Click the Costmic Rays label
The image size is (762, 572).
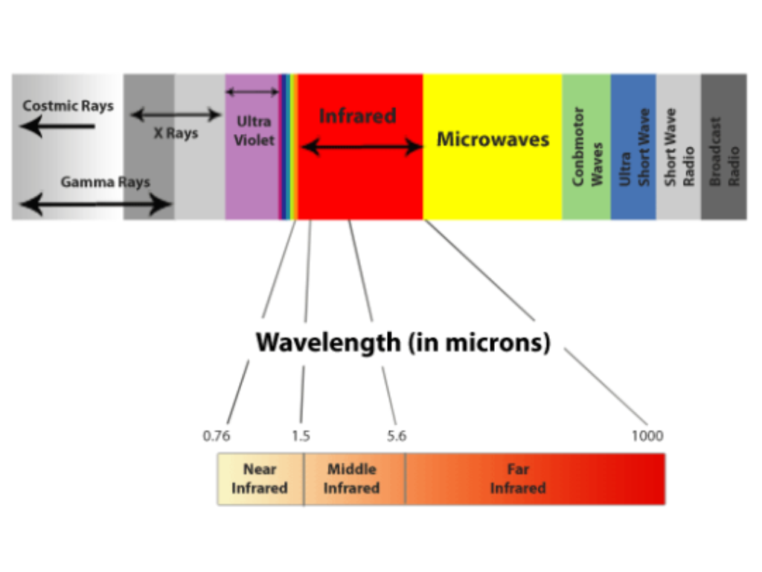pyautogui.click(x=68, y=106)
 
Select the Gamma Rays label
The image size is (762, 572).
pyautogui.click(x=105, y=182)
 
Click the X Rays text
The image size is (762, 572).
pyautogui.click(x=176, y=134)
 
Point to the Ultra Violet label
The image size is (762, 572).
pyautogui.click(x=254, y=130)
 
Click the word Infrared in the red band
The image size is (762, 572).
pyautogui.click(x=357, y=116)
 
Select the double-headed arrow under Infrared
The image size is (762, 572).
pyautogui.click(x=362, y=147)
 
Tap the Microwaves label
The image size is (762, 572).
pyautogui.click(x=493, y=139)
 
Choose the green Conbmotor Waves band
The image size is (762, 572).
pyautogui.click(x=586, y=147)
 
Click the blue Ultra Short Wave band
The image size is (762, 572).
pyautogui.click(x=633, y=147)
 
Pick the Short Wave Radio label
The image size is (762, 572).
pyautogui.click(x=679, y=147)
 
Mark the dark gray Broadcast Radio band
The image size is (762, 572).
pyautogui.click(x=723, y=147)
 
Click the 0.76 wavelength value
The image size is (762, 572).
pyautogui.click(x=217, y=436)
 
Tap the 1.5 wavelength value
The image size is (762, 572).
pyautogui.click(x=301, y=436)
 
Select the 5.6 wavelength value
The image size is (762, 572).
pyautogui.click(x=397, y=436)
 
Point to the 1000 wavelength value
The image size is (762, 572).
pyautogui.click(x=647, y=436)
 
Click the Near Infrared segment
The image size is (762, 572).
pyautogui.click(x=260, y=479)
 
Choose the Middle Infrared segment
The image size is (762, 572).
pyautogui.click(x=352, y=479)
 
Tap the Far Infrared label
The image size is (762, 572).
pyautogui.click(x=518, y=479)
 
